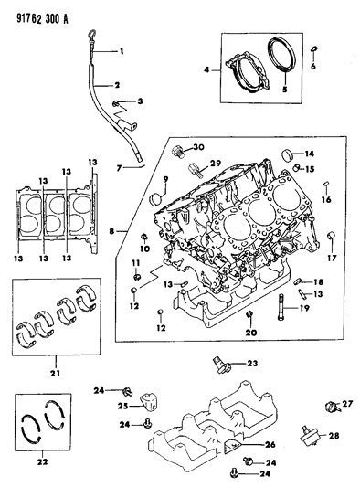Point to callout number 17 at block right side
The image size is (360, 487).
pyautogui.click(x=333, y=258)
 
